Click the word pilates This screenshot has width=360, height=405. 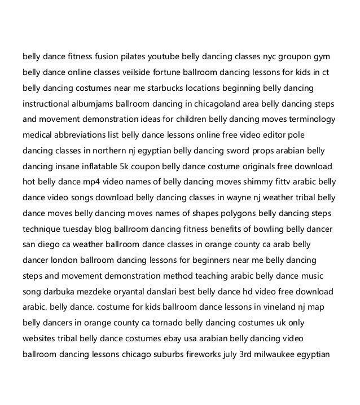tap(130, 57)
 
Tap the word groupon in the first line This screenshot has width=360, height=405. tap(297, 57)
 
